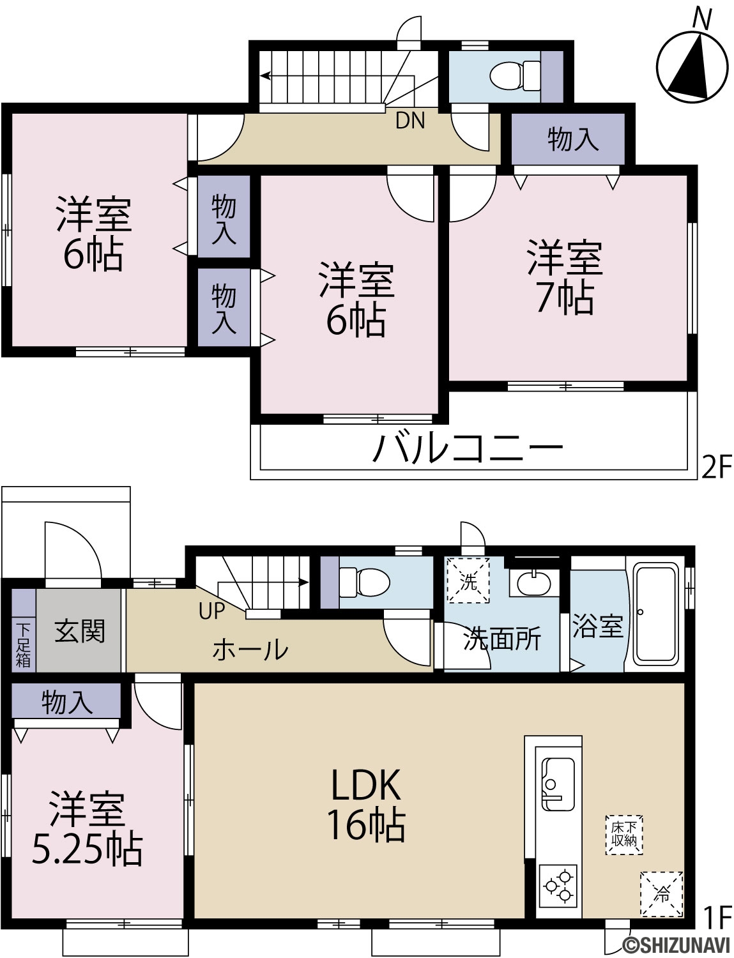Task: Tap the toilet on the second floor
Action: [515, 76]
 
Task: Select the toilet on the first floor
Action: [365, 582]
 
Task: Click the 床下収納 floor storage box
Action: [623, 835]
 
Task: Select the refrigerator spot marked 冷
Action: [661, 894]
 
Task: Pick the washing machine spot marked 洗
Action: [468, 580]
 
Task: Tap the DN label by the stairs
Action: [410, 120]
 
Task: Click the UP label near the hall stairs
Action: [211, 611]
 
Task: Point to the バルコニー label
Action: [468, 447]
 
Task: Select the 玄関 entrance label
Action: [80, 631]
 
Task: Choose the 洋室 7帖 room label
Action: [565, 277]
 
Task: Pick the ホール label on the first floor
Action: [250, 650]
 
